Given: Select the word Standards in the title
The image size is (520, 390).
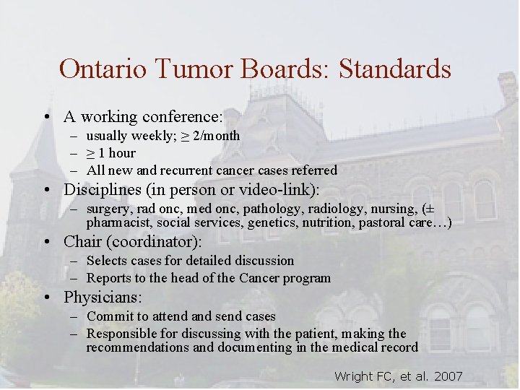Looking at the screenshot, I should pos(395,69).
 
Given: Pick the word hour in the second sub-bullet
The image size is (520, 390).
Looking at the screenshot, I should pos(122,153).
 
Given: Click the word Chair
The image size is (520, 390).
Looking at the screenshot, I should pos(82,241).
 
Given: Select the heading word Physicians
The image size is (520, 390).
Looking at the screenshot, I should pos(103,297).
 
